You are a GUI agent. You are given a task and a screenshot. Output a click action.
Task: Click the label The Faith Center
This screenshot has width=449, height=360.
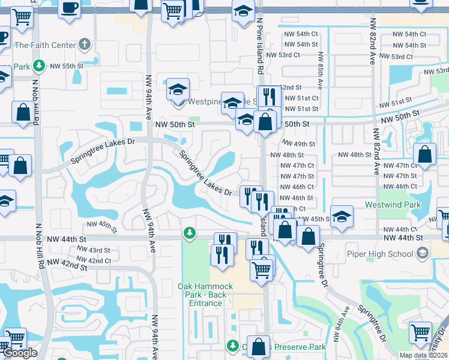(45, 45)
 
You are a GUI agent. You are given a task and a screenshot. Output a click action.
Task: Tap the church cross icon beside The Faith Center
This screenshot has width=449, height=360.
(85, 44)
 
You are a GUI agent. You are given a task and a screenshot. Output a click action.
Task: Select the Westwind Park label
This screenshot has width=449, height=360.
(393, 205)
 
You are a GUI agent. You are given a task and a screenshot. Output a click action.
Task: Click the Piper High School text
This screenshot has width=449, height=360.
(380, 254)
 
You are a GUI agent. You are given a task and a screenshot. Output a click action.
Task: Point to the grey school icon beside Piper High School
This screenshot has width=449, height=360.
(423, 254)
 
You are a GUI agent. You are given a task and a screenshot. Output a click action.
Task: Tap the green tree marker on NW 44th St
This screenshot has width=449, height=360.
(190, 232)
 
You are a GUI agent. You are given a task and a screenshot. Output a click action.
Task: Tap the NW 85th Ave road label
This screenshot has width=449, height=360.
(321, 72)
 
